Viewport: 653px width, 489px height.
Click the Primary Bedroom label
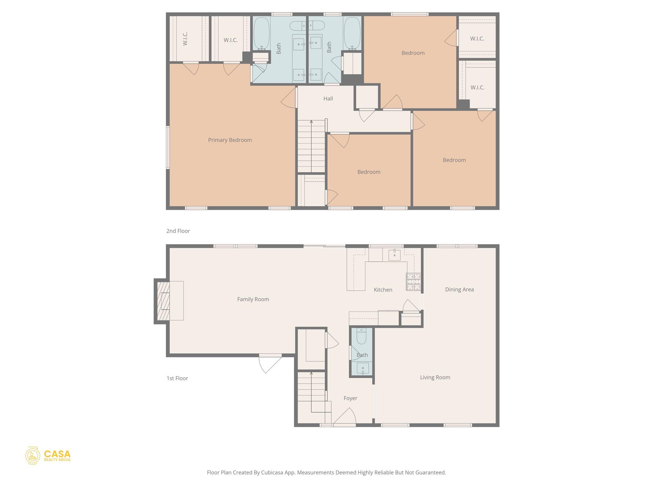tap(230, 140)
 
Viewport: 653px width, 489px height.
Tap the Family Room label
tap(253, 299)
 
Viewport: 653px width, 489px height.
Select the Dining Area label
tap(459, 289)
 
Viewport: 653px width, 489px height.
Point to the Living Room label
tap(435, 377)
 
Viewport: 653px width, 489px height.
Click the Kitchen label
tap(383, 290)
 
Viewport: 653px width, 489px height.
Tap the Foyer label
tap(350, 398)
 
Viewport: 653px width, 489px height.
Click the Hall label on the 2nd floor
tap(328, 99)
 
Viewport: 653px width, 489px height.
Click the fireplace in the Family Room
tap(169, 301)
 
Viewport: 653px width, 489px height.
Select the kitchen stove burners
tap(414, 281)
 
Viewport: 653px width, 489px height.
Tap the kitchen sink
tap(394, 255)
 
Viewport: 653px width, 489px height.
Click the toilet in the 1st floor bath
tap(361, 336)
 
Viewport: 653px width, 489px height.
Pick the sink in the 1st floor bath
tap(363, 368)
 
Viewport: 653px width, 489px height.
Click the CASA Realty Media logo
tap(48, 456)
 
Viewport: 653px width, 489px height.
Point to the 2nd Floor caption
tap(178, 231)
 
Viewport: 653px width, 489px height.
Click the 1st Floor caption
tap(177, 378)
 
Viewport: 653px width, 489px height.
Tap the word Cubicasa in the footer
tap(273, 472)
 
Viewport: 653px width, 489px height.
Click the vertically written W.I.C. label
tap(185, 39)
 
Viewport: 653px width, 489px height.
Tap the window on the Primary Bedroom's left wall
tap(167, 147)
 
